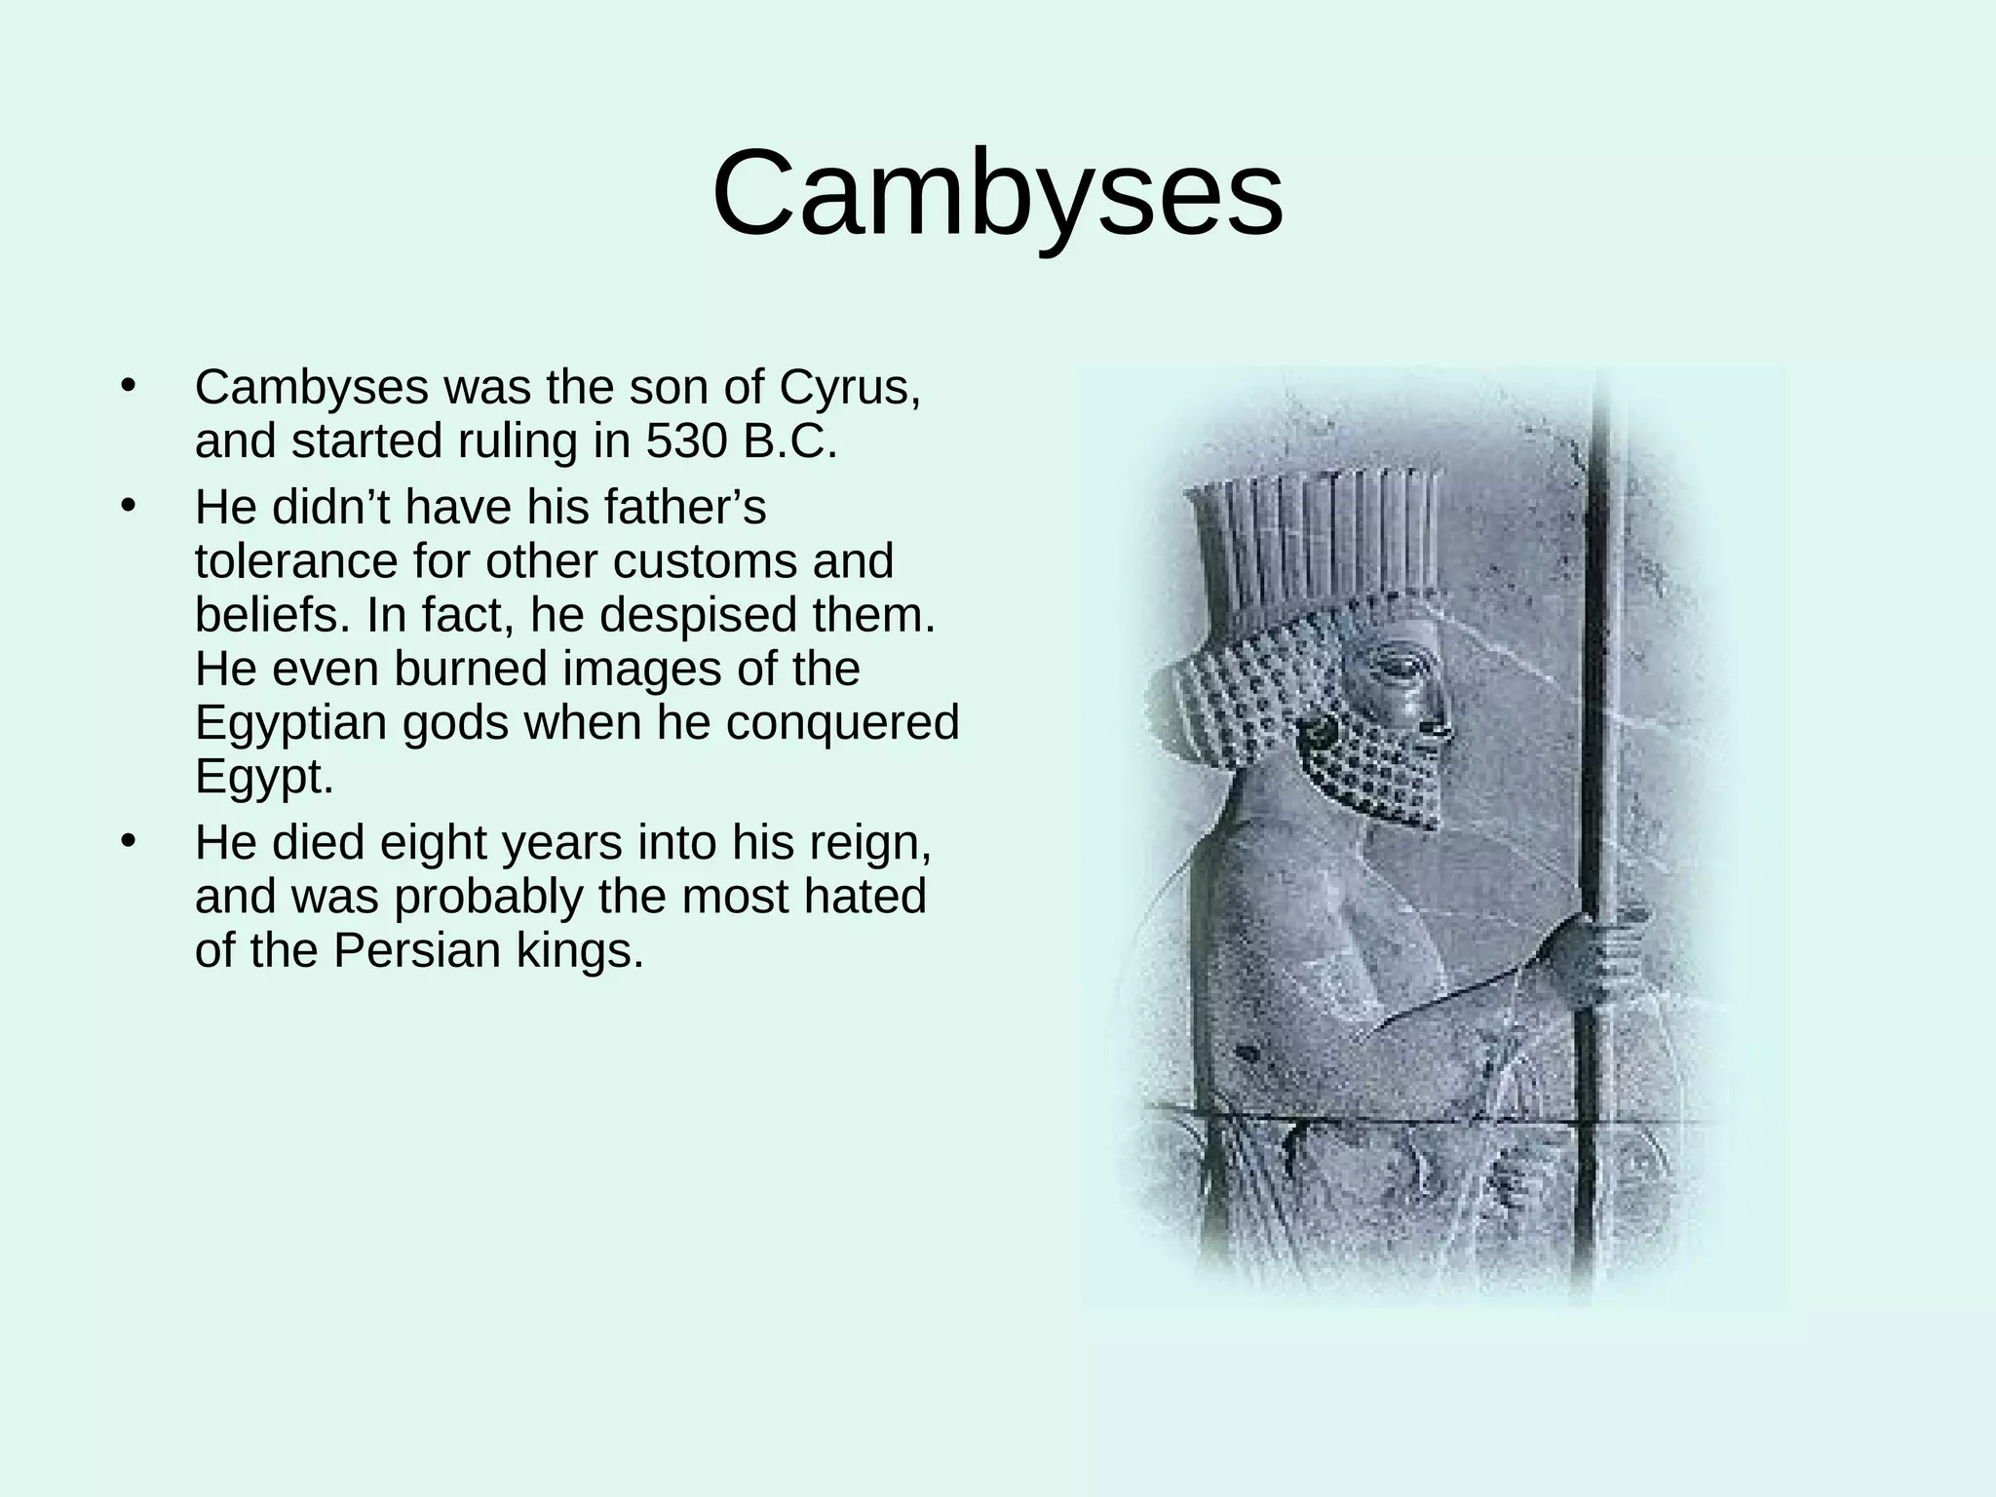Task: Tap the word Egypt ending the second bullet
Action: click(x=264, y=777)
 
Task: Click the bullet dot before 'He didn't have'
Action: click(x=127, y=506)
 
